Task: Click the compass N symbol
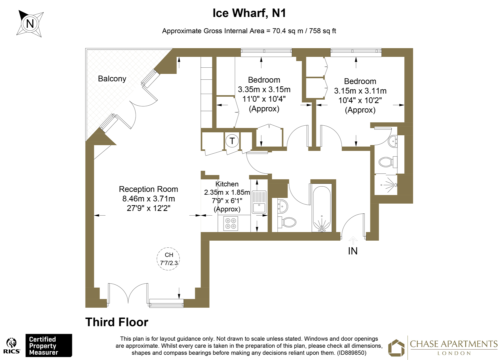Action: coord(30,23)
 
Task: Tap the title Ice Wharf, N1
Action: coord(249,13)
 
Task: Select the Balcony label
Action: coord(112,79)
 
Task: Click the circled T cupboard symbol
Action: coord(232,141)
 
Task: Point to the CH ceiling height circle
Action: coord(169,259)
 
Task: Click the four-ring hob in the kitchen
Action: coord(231,223)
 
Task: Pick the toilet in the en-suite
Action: coord(386,162)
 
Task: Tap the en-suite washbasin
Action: coord(393,141)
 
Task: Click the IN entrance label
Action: coord(353,251)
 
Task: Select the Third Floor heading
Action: coord(117,322)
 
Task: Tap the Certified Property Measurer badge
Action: coord(49,346)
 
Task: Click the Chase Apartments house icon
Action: coord(396,348)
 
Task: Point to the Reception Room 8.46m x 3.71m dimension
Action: coord(149,199)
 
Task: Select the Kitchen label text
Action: coord(227,184)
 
